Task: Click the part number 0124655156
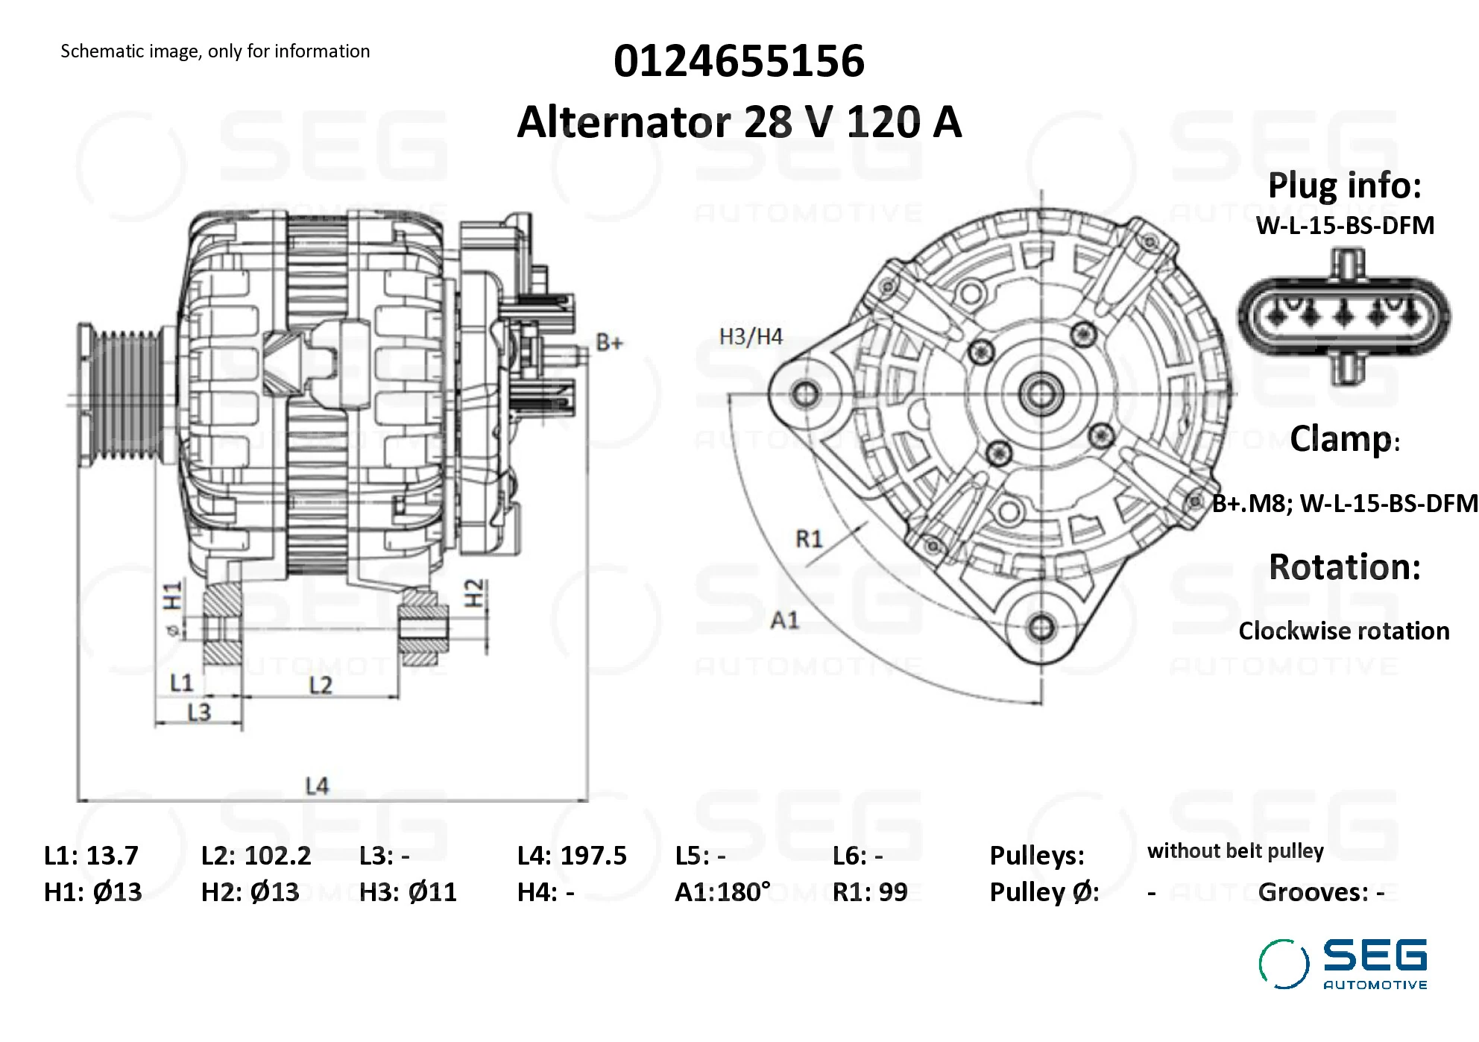(739, 61)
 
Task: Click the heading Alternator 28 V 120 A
(739, 122)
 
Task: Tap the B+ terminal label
(609, 343)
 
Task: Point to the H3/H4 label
(751, 337)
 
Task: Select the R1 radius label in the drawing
(809, 538)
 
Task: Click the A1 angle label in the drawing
(784, 620)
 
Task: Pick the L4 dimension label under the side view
(317, 786)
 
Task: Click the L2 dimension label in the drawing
(321, 685)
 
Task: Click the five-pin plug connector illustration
(1345, 316)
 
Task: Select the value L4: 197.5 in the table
(572, 856)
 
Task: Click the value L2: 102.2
(256, 856)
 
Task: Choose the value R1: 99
(870, 892)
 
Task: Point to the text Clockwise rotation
(1343, 631)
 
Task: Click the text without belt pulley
(1235, 851)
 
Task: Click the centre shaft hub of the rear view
(1041, 393)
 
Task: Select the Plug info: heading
(1344, 186)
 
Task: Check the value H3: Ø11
(408, 892)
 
